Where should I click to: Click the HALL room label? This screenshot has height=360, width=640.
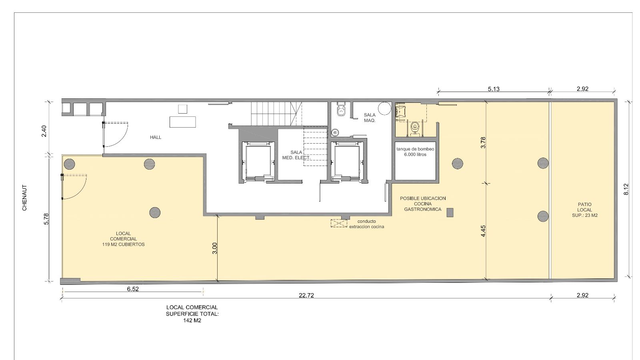coord(156,138)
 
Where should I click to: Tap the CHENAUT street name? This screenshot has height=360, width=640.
coord(24,198)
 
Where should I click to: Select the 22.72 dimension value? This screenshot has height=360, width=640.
coord(306,296)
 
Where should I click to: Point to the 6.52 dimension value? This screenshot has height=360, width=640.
coord(133,289)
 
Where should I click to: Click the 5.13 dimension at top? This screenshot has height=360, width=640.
coord(494,89)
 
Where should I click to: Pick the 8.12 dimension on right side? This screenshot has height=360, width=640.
coord(626,189)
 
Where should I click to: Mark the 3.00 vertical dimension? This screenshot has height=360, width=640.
coord(215,248)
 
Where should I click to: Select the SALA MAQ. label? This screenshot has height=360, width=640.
coord(370,118)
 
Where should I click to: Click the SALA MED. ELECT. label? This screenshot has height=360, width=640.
coord(296,155)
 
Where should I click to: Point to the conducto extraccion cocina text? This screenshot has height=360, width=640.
coord(366,224)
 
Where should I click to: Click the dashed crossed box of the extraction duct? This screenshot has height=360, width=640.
coord(339,223)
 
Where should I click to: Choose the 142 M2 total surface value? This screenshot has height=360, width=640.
coord(192,320)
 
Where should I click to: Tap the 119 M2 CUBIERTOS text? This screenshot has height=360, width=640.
coord(124,244)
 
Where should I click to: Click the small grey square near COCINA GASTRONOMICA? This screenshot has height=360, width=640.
coord(450,212)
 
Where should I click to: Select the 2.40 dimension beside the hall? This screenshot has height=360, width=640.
coord(44,131)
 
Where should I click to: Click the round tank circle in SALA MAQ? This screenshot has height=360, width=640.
coord(384,108)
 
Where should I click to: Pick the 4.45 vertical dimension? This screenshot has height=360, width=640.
coord(483,231)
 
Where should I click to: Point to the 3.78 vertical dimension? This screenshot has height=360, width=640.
coord(483,142)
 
